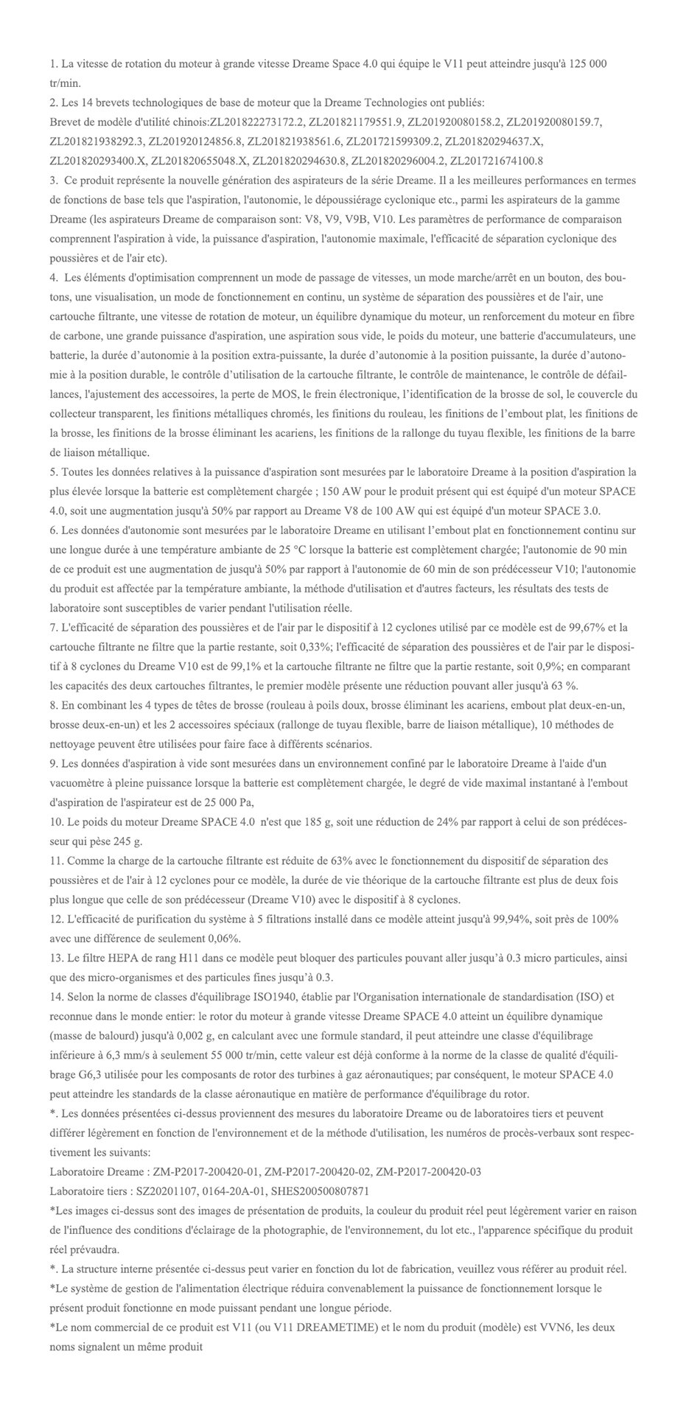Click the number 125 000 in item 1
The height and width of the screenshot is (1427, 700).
(x=586, y=64)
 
